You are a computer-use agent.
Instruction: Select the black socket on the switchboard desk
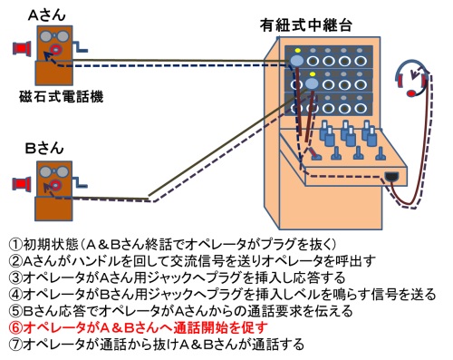pyautogui.click(x=393, y=175)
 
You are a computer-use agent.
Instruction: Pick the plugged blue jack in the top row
pyautogui.click(x=297, y=59)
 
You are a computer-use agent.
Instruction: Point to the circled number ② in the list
pyautogui.click(x=13, y=260)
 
